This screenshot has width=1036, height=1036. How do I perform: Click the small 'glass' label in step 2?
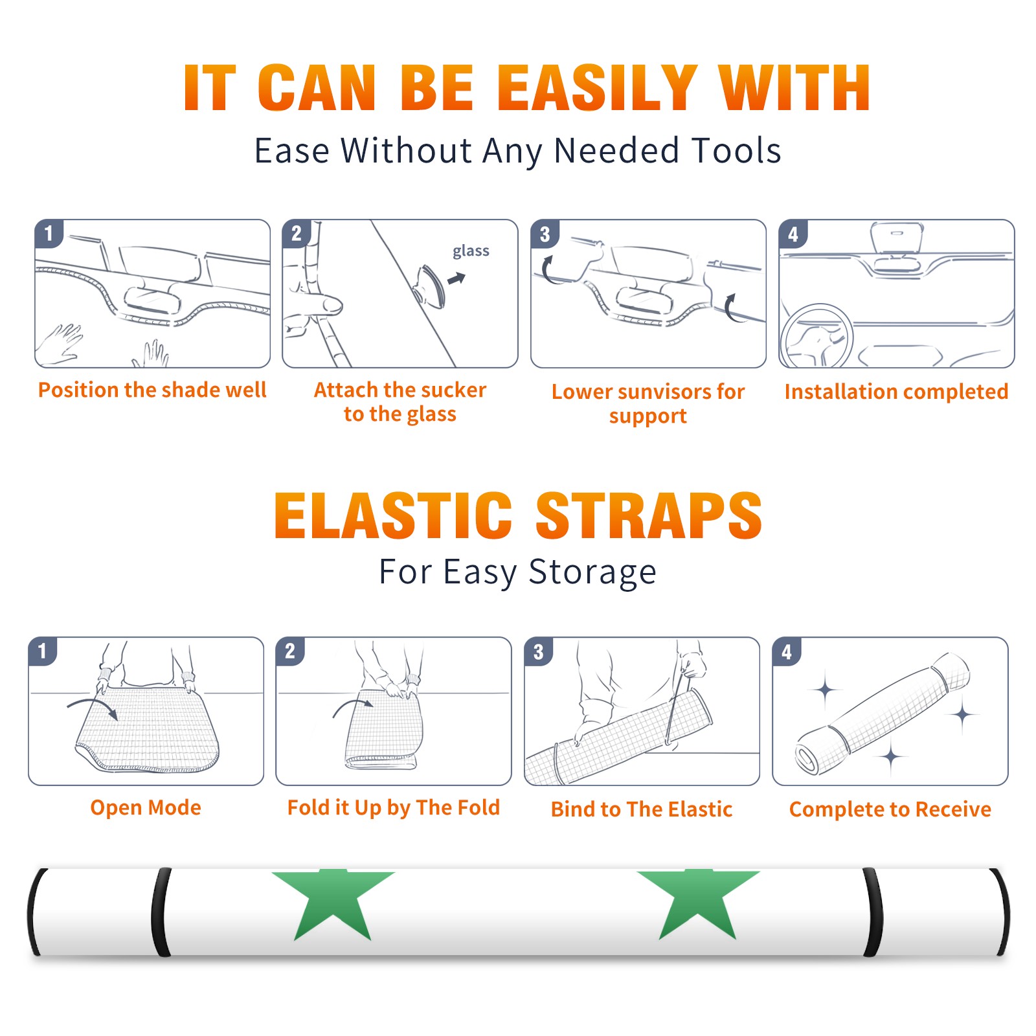pos(471,251)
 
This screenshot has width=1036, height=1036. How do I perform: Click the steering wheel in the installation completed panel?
pos(816,336)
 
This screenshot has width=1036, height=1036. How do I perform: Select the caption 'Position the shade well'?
pos(152,390)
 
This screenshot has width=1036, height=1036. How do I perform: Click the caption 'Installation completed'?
pos(896,392)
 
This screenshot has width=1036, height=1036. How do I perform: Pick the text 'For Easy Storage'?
pos(518,572)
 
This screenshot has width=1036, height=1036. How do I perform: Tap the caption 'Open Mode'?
pos(146,808)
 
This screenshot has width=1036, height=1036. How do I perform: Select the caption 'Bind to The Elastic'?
pos(642,809)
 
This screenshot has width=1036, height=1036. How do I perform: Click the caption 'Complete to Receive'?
pos(890,810)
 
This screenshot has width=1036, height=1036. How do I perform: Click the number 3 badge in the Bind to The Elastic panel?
pos(539,652)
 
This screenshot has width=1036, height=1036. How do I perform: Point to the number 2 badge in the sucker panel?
pos(297,233)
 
